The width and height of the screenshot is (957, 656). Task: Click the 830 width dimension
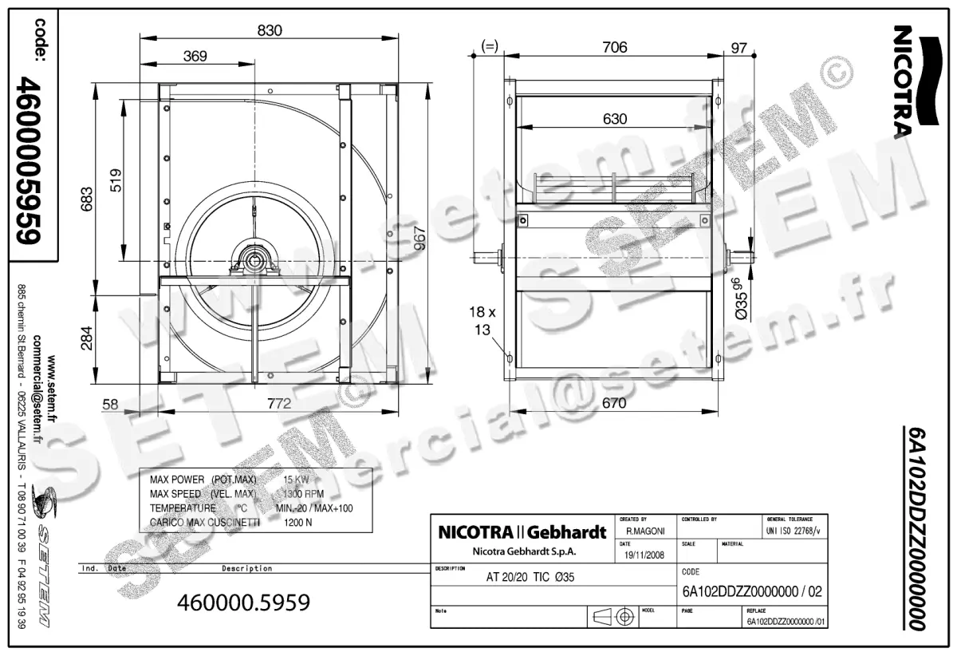(270, 31)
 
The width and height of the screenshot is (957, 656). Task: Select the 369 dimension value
(195, 56)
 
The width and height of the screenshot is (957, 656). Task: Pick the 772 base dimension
(278, 404)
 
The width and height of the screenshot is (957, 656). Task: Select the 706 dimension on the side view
(613, 48)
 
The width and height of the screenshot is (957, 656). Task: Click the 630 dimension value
(614, 119)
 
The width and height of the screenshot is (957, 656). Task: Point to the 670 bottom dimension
(613, 404)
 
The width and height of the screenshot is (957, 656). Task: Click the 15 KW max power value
(296, 480)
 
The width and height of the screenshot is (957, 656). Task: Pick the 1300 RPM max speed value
(304, 494)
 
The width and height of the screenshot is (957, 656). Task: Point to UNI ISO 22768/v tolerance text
(793, 530)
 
